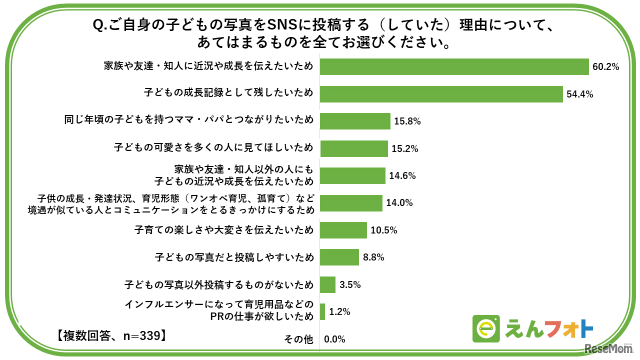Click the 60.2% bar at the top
454,66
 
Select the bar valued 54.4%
441,94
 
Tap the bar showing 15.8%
355,121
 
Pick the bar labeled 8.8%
339,257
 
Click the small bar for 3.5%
327,284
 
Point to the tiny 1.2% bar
322,312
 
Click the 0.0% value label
334,339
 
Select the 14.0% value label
399,203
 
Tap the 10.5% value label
383,230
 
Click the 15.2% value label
404,148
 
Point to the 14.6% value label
402,176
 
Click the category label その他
298,339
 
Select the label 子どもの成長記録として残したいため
228,93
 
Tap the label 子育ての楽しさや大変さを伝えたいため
224,230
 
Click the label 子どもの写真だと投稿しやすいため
234,257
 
